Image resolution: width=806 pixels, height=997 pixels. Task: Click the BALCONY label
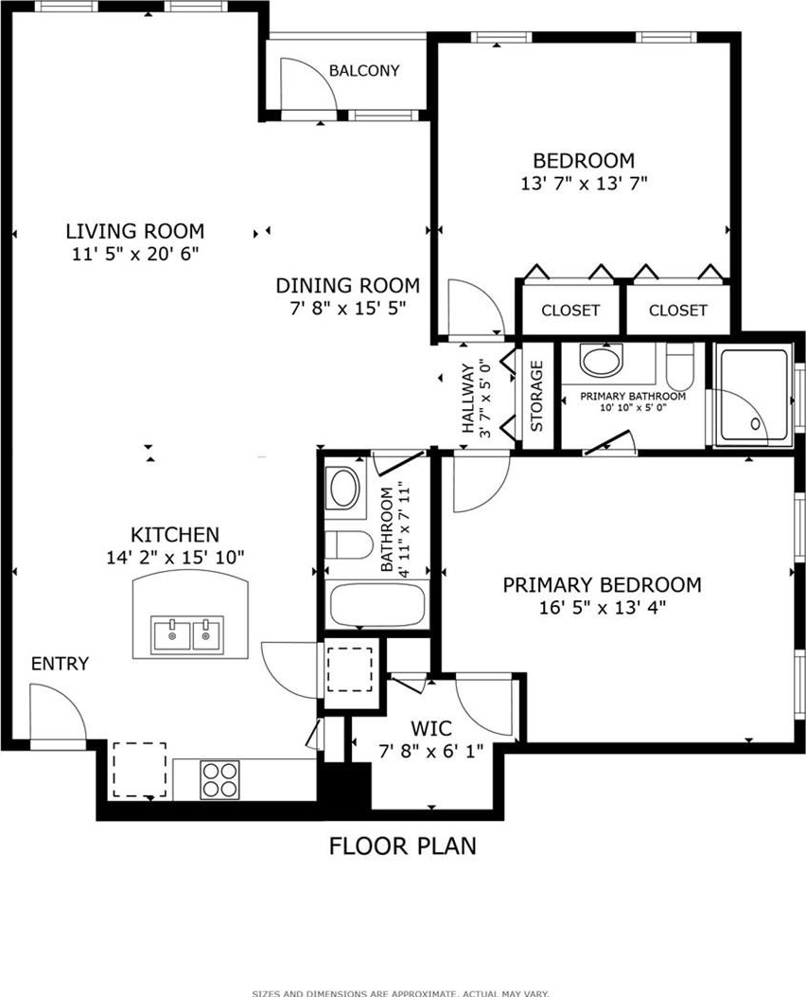pyautogui.click(x=364, y=70)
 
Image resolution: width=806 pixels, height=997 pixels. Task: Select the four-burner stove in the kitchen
pyautogui.click(x=219, y=779)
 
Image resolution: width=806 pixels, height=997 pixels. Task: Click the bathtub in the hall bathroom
pyautogui.click(x=377, y=604)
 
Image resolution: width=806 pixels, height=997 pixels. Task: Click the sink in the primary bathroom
pyautogui.click(x=600, y=360)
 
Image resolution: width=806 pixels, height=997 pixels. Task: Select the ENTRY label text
pyautogui.click(x=60, y=663)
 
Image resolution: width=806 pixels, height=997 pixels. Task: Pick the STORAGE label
pyautogui.click(x=536, y=396)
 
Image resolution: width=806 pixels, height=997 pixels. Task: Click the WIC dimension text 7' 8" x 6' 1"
pyautogui.click(x=430, y=752)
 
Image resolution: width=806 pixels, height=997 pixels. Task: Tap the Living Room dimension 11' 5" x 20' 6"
pyautogui.click(x=135, y=254)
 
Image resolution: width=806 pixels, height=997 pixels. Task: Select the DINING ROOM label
pyautogui.click(x=347, y=286)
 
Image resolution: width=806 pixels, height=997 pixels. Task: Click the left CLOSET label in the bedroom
pyautogui.click(x=570, y=310)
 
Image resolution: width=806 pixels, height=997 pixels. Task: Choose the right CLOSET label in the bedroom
pyautogui.click(x=677, y=310)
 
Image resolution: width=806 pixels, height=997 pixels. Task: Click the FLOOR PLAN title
pyautogui.click(x=403, y=846)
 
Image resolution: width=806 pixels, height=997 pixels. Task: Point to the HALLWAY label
pyautogui.click(x=468, y=398)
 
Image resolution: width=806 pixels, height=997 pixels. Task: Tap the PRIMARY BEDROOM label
pyautogui.click(x=602, y=584)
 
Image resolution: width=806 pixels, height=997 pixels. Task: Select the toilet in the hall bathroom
pyautogui.click(x=349, y=545)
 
